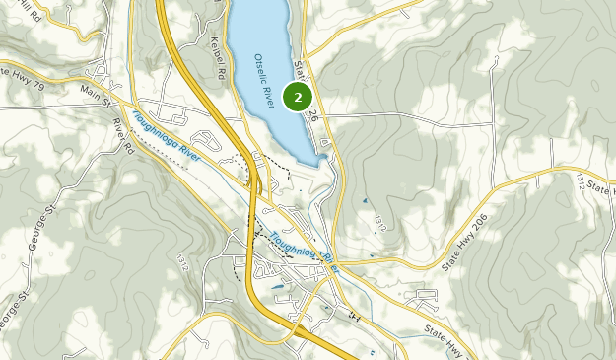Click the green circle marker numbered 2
(x=298, y=97)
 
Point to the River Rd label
(x=122, y=136)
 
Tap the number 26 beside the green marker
(x=314, y=115)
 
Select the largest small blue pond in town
(x=279, y=287)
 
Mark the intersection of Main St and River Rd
(x=117, y=103)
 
